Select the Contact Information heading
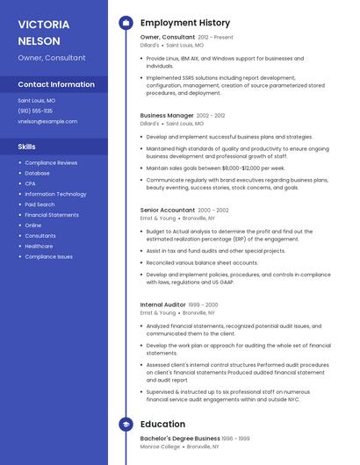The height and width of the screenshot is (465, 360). pyautogui.click(x=56, y=84)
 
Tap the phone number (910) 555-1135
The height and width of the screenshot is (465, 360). pyautogui.click(x=35, y=111)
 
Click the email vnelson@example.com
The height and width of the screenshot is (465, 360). pyautogui.click(x=41, y=121)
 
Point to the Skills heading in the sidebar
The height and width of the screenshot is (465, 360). pyautogui.click(x=27, y=147)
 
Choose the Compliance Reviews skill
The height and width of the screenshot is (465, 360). pyautogui.click(x=51, y=162)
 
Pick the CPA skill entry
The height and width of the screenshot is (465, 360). pyautogui.click(x=30, y=183)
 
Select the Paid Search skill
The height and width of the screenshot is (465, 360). pyautogui.click(x=40, y=204)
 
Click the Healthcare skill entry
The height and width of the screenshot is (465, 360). pyautogui.click(x=39, y=246)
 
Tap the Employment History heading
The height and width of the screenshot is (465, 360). pyautogui.click(x=184, y=23)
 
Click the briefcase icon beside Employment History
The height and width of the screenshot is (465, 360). pyautogui.click(x=126, y=23)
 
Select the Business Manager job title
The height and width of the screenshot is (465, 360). pyautogui.click(x=166, y=115)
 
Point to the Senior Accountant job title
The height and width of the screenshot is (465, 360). pyautogui.click(x=167, y=210)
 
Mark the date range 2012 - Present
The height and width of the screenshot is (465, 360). pyautogui.click(x=216, y=38)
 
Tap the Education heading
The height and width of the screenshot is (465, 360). pyautogui.click(x=162, y=424)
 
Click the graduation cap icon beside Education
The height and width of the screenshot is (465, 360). pyautogui.click(x=126, y=424)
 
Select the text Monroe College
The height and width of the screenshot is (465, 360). pyautogui.click(x=158, y=447)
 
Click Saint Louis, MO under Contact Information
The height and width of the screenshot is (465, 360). pyautogui.click(x=37, y=100)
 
